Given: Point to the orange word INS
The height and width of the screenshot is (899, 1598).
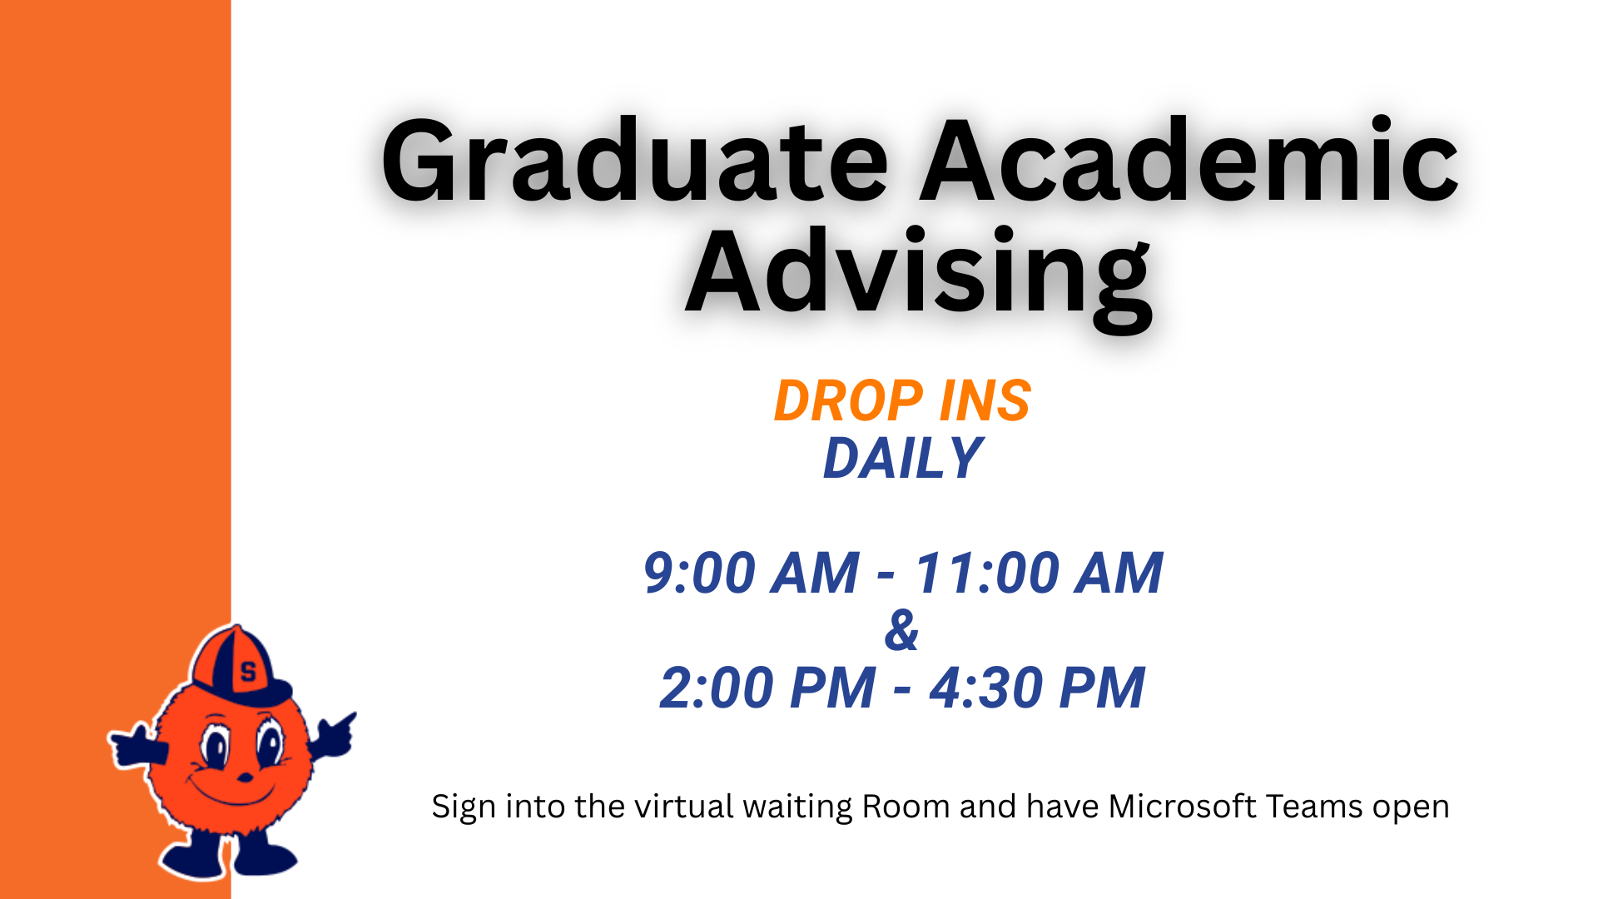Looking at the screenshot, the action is pyautogui.click(x=985, y=400).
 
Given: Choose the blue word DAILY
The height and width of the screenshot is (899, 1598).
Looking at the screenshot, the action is pyautogui.click(x=903, y=458).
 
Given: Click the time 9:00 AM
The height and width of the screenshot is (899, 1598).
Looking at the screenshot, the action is pyautogui.click(x=752, y=573).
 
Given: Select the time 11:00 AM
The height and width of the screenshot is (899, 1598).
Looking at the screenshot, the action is pyautogui.click(x=1039, y=573).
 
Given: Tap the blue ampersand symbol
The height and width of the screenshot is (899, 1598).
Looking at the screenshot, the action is pyautogui.click(x=902, y=630).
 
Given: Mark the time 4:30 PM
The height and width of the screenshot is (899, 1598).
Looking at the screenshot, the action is pyautogui.click(x=1038, y=688).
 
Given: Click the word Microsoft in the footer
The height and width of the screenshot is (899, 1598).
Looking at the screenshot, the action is pyautogui.click(x=1182, y=807).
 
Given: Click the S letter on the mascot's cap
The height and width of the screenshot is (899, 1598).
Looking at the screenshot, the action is pyautogui.click(x=248, y=671).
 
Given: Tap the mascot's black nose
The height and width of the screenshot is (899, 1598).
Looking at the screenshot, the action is pyautogui.click(x=246, y=777).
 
